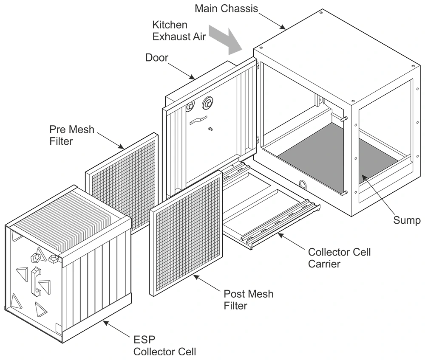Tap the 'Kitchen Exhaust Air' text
click(179, 30)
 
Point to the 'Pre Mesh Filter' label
click(72, 135)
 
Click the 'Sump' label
click(407, 220)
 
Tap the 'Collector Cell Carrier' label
click(339, 258)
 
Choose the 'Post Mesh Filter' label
click(249, 299)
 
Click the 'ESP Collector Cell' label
click(164, 345)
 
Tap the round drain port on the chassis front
click(303, 184)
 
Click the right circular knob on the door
click(208, 102)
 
